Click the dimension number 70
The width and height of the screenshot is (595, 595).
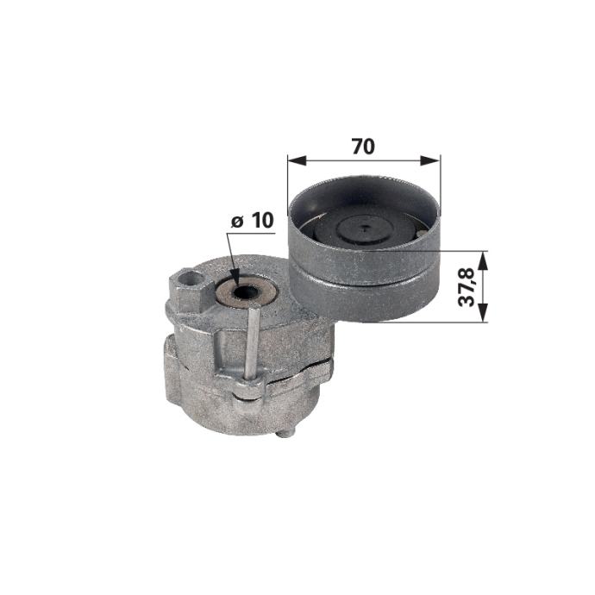[363, 146]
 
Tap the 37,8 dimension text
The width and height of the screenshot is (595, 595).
[467, 287]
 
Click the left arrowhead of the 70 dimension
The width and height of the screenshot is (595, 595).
[297, 160]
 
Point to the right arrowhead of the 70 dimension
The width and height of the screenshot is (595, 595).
[430, 160]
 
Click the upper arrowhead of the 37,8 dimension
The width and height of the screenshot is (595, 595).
[482, 260]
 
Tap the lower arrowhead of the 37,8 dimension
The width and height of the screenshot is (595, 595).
[482, 313]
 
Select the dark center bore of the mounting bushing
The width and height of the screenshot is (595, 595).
[245, 292]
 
